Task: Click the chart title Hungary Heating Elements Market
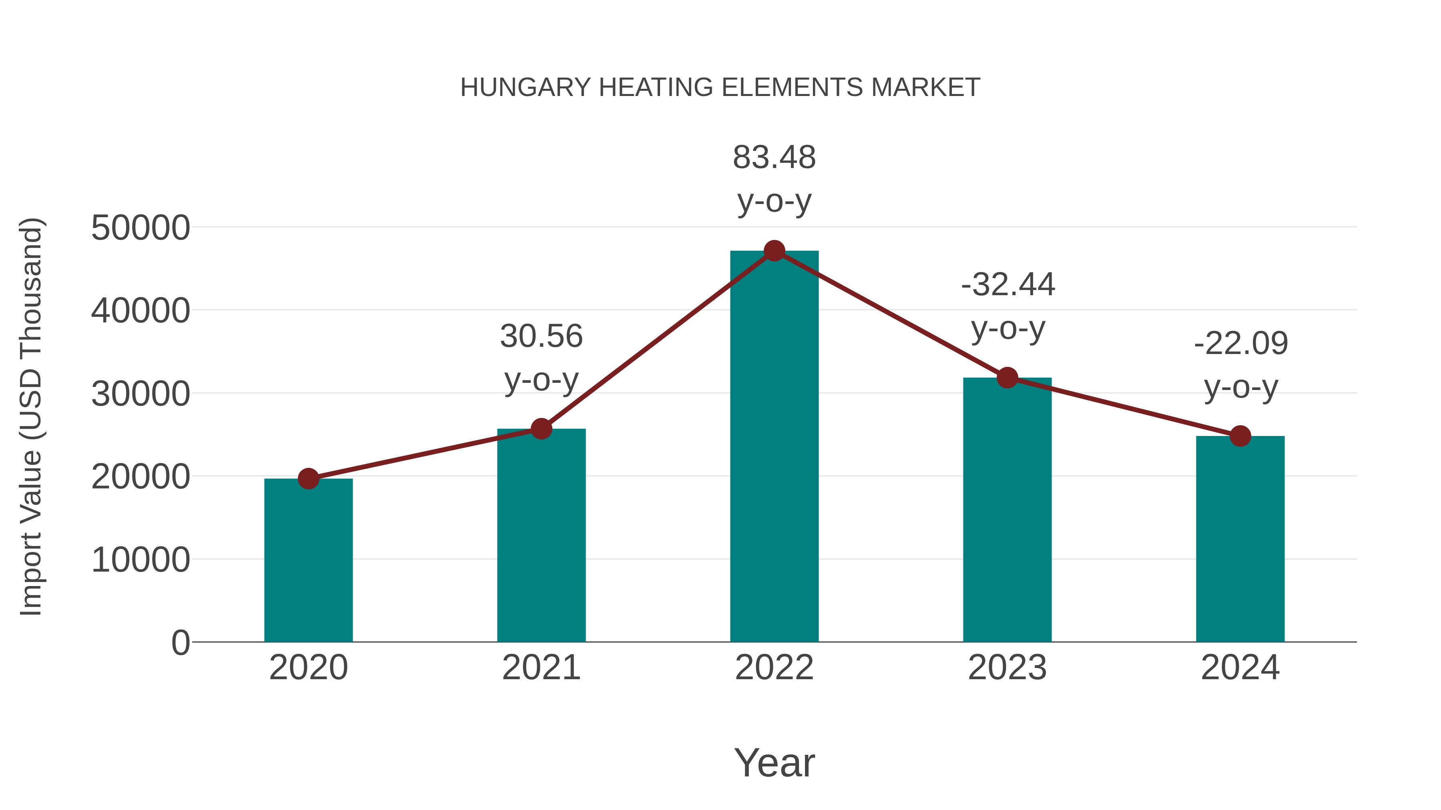point(720,88)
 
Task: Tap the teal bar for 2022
point(774,447)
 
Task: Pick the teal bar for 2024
point(1240,540)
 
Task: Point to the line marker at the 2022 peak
point(774,251)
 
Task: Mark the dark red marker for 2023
point(1007,378)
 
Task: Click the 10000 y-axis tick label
point(140,560)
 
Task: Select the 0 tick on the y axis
point(181,643)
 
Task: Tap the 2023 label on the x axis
point(1007,668)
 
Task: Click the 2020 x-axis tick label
point(308,668)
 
